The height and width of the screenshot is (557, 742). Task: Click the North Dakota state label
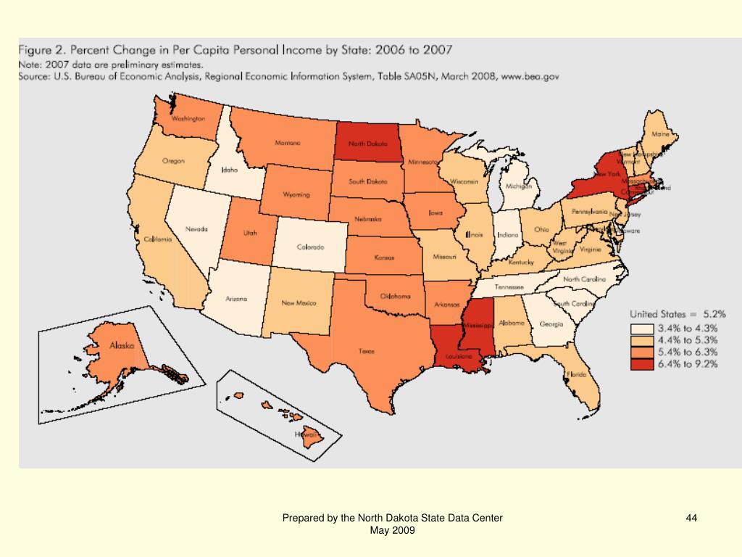tap(367, 144)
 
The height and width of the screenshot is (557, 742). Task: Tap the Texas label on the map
tap(366, 351)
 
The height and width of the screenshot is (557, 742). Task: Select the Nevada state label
tap(196, 229)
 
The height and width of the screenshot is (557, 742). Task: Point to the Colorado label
tap(310, 247)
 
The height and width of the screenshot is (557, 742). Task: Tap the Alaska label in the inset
tap(121, 346)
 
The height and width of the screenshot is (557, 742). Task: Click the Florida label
tap(577, 375)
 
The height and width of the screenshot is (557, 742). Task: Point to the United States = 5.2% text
tap(678, 314)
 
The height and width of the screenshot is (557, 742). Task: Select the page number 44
tap(691, 518)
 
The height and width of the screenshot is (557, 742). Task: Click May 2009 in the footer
tap(392, 530)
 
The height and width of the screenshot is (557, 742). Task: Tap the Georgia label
tap(551, 324)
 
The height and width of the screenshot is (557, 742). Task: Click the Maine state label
tap(660, 135)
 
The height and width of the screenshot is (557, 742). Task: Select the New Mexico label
tap(299, 302)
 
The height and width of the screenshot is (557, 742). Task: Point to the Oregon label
tap(173, 161)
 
